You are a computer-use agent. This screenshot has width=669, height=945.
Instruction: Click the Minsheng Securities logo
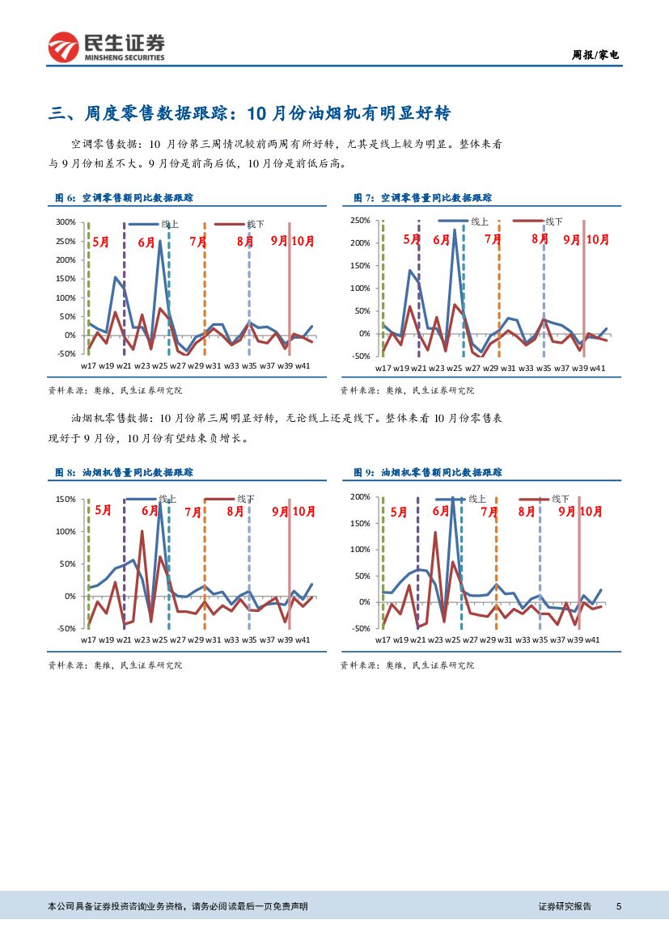(106, 48)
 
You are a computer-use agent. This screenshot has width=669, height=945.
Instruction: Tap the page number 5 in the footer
(618, 906)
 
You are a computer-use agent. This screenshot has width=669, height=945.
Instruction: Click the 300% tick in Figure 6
(66, 222)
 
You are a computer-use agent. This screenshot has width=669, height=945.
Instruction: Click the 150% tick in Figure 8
(66, 500)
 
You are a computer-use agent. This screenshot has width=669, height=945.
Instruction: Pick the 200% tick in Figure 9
(358, 496)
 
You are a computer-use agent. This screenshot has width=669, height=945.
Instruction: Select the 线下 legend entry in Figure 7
(554, 221)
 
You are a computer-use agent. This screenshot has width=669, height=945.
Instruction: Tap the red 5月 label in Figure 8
(103, 510)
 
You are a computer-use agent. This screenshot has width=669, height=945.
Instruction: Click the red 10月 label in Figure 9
(591, 512)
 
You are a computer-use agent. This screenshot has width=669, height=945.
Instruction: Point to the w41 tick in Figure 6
(302, 367)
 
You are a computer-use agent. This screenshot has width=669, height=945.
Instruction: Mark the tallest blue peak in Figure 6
(159, 240)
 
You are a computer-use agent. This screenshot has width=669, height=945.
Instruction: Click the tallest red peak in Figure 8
(142, 531)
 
